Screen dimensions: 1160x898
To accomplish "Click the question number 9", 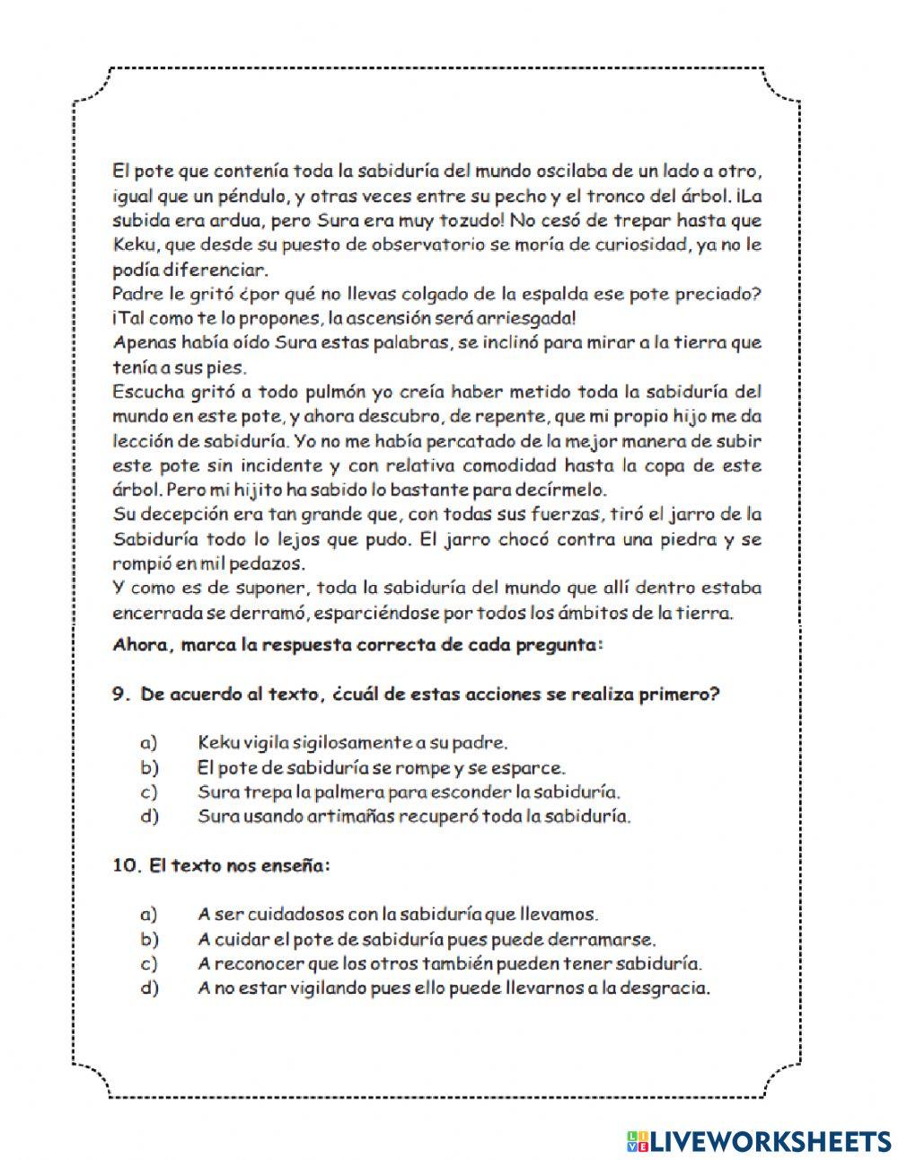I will pyautogui.click(x=121, y=695).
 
